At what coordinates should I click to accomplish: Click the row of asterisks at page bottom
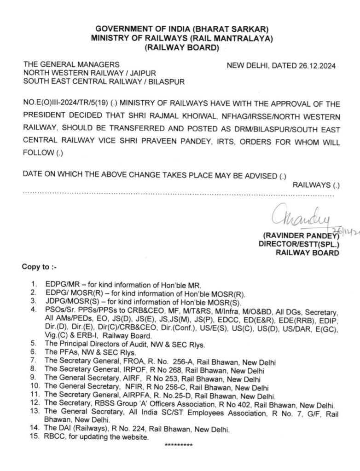click(x=179, y=445)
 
